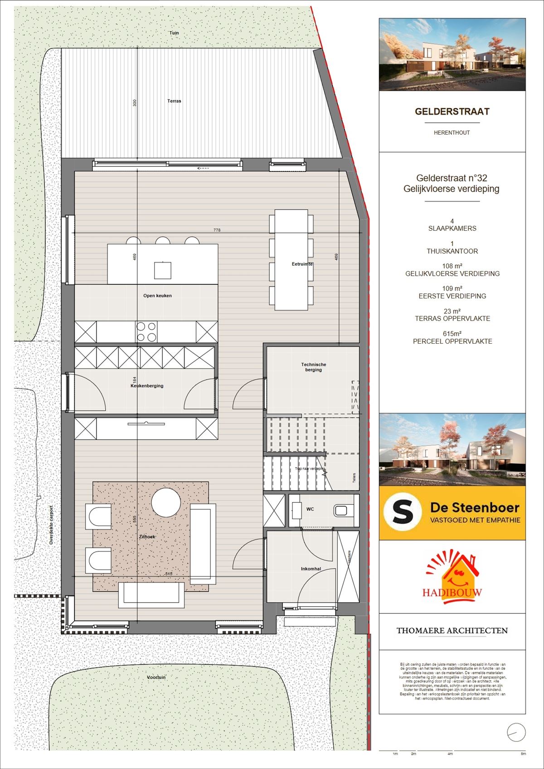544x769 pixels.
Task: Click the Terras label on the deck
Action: coord(174,101)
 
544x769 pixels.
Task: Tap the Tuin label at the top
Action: coord(174,33)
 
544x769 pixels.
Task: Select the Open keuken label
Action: coord(157,296)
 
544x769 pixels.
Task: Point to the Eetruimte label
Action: coord(302,264)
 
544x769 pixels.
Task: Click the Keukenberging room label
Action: coord(147,386)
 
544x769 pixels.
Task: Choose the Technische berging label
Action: coord(313,367)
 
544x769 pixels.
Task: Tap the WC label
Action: coord(310,509)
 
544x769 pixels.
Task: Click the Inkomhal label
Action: coord(311,569)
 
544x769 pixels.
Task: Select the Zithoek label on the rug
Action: coord(147,537)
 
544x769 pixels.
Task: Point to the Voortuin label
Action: coord(156,677)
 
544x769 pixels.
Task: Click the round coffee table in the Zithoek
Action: coord(166,502)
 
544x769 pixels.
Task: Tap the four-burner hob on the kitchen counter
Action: coord(146,331)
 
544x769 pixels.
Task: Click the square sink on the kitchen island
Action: coord(162,270)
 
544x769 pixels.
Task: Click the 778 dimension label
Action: coord(217,230)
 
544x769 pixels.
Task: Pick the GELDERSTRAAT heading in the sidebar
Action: coord(452,112)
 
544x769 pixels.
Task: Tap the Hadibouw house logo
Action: coord(452,580)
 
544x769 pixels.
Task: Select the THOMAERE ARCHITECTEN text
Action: coord(452,631)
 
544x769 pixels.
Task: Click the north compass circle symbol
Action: coord(516,732)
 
